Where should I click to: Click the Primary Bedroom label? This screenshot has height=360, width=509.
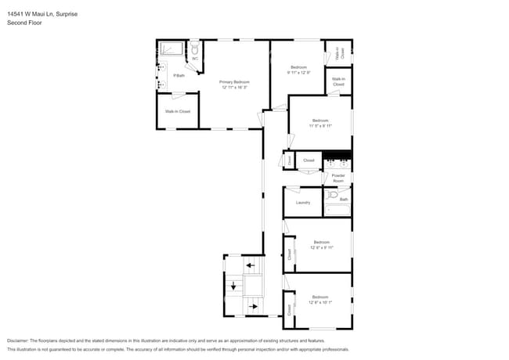(x=234, y=81)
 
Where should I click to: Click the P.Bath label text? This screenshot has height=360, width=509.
(x=179, y=75)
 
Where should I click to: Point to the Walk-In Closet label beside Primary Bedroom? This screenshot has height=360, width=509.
(x=178, y=112)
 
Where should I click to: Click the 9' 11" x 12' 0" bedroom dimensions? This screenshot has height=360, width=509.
(x=299, y=73)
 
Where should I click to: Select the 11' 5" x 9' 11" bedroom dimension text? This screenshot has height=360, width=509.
(x=320, y=125)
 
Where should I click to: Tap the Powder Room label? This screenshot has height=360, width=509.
(x=338, y=178)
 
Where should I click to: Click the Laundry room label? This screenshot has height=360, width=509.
(x=303, y=203)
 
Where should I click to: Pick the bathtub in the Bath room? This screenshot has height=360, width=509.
(x=338, y=210)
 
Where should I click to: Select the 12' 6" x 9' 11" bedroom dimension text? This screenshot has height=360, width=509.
(x=321, y=247)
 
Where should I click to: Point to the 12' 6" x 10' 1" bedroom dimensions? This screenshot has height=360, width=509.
(x=320, y=302)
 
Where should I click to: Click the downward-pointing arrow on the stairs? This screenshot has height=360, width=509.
(x=233, y=286)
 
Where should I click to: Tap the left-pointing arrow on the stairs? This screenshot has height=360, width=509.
(x=251, y=266)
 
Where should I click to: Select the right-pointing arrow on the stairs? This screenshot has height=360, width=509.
(x=253, y=306)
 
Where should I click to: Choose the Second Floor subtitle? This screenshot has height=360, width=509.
(x=24, y=23)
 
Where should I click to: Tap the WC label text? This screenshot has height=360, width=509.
(x=195, y=58)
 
